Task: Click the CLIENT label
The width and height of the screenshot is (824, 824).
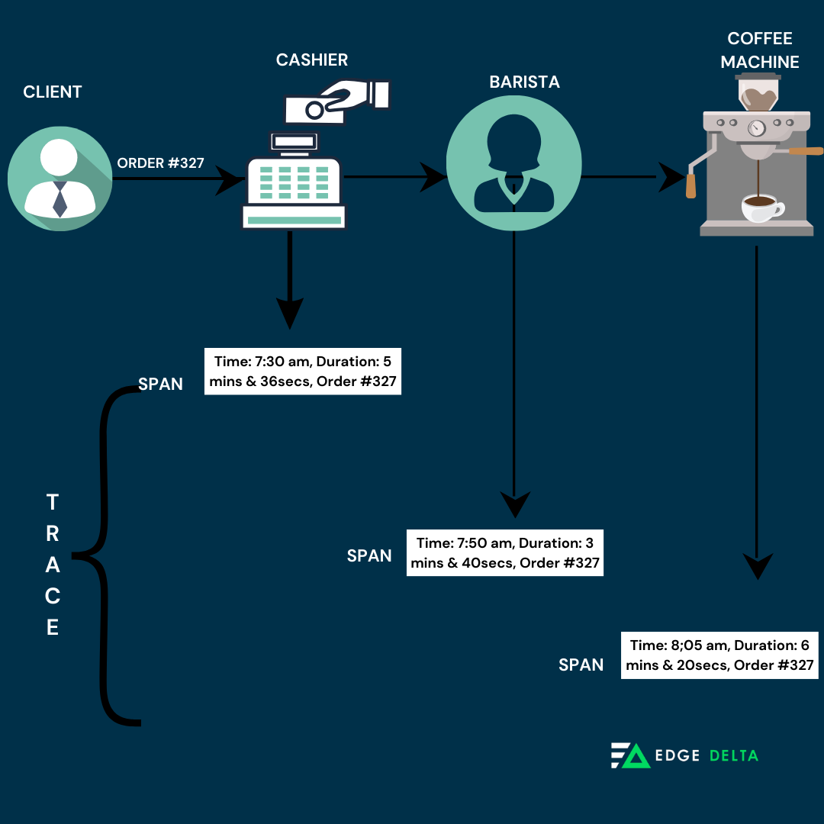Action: tap(52, 92)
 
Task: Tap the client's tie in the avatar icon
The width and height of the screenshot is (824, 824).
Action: tap(60, 199)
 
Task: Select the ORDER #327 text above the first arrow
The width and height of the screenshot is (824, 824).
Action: tap(160, 163)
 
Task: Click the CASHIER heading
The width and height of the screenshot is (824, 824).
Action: tap(312, 60)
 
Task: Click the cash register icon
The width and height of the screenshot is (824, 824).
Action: tap(294, 183)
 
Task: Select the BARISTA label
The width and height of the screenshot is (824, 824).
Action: tap(524, 82)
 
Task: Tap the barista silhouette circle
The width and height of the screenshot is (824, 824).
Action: tap(513, 163)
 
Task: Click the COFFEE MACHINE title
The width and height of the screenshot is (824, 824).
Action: tap(760, 50)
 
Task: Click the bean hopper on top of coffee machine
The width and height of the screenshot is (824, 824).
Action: tap(758, 92)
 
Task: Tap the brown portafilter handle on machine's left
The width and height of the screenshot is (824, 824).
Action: tap(691, 185)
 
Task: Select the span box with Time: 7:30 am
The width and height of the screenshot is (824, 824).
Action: tap(303, 371)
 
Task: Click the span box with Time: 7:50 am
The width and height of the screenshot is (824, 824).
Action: tap(505, 553)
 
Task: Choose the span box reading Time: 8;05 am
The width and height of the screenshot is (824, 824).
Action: tap(719, 655)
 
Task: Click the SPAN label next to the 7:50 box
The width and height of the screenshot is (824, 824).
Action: tap(369, 556)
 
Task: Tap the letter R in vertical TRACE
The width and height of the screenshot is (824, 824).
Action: tap(52, 534)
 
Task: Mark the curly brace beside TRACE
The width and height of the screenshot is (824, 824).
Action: tap(106, 555)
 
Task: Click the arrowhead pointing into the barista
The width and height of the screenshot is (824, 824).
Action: tap(434, 177)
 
